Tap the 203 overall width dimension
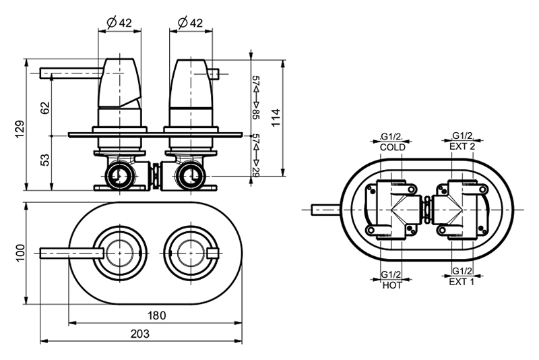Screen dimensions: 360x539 click(x=141, y=334)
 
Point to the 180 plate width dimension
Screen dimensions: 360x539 click(x=156, y=315)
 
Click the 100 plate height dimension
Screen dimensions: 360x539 click(x=20, y=252)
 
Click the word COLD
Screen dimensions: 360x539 click(x=393, y=147)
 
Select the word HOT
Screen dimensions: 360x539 click(x=391, y=285)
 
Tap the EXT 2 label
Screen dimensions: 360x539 click(x=462, y=146)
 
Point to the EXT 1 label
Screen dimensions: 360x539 click(x=462, y=282)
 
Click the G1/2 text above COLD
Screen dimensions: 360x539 click(x=392, y=137)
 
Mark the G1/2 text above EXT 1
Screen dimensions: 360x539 click(x=462, y=271)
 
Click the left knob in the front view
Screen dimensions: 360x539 click(x=120, y=253)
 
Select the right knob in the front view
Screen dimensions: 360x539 click(x=188, y=253)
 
